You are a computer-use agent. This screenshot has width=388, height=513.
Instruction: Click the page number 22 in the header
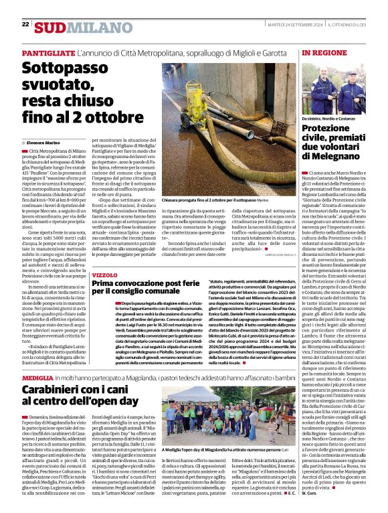(x=25, y=25)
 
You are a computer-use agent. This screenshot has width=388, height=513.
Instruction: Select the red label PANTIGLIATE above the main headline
(x=48, y=53)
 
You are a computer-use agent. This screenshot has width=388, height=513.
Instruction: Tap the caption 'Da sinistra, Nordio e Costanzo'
(x=330, y=119)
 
